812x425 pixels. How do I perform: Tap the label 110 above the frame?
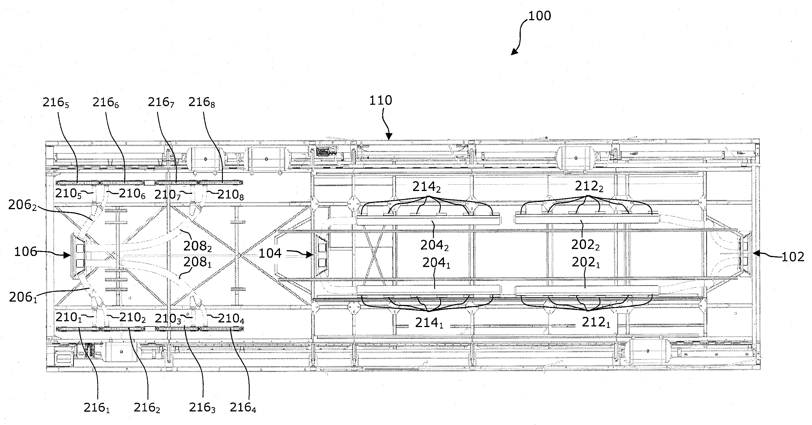[x=380, y=100]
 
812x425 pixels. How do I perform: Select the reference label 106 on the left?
[x=25, y=252]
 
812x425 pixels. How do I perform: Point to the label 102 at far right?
[x=793, y=257]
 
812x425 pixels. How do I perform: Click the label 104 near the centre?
[x=270, y=253]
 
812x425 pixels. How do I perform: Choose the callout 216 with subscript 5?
[x=56, y=103]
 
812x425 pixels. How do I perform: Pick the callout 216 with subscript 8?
[x=202, y=103]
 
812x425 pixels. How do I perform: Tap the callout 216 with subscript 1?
[x=97, y=408]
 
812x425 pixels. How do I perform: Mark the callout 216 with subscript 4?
[x=243, y=408]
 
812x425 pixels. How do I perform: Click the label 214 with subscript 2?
[x=426, y=187]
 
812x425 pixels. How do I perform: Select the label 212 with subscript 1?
[x=596, y=322]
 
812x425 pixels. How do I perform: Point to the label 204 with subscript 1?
[x=436, y=263]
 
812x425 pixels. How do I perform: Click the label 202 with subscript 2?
[x=585, y=244]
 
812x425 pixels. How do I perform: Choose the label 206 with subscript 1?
[x=23, y=297]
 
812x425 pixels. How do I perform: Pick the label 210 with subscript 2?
[x=132, y=318]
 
